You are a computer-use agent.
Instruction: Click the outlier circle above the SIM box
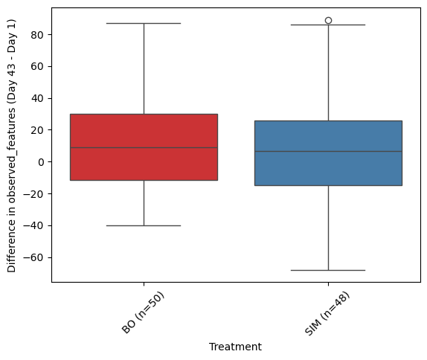pos(328,20)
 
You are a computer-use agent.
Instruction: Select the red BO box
pos(144,147)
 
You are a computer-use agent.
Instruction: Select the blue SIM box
pos(328,153)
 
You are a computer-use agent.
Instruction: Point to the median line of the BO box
pos(144,147)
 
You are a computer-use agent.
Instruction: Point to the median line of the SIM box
pos(328,151)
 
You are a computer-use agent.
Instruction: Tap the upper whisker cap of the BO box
pos(144,23)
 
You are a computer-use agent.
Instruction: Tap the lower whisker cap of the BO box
pos(144,225)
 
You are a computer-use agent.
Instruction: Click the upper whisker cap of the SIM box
pos(328,25)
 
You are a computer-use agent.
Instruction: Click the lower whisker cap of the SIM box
pos(328,270)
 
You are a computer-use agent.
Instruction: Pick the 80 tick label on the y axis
pos(37,35)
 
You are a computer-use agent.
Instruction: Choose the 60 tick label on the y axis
pos(37,66)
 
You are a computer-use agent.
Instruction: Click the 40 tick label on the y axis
pos(37,98)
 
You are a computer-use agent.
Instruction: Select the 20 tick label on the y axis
pos(37,130)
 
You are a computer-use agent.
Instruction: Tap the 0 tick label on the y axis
pos(41,162)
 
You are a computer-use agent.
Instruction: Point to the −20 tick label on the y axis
pos(33,194)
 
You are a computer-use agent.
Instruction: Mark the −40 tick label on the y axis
pos(33,226)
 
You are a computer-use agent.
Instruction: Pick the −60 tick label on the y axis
pos(33,257)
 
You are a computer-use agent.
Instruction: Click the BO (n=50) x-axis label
pos(143,312)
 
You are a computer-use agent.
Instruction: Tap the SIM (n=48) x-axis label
pos(327,313)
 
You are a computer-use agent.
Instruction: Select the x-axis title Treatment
pos(235,347)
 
